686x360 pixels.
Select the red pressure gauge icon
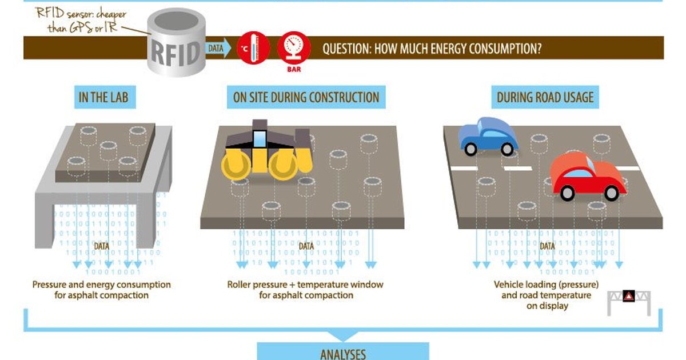coord(293,46)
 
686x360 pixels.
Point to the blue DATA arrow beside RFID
coord(217,49)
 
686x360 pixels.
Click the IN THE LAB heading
coord(103,98)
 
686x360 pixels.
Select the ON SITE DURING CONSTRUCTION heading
coord(306,98)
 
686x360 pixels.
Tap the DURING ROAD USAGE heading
coord(545,98)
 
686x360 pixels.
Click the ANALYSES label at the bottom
coord(342,354)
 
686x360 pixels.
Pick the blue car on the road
coord(487,136)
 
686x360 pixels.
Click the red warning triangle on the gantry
coord(628,296)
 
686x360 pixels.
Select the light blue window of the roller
coord(260,139)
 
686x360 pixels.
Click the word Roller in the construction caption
coord(240,284)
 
